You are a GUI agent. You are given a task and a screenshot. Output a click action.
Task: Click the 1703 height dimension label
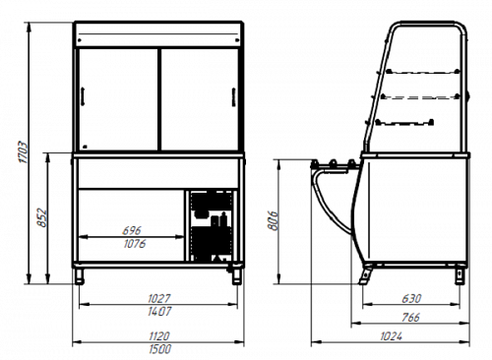(x=24, y=152)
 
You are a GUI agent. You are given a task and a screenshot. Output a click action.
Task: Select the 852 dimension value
(x=42, y=217)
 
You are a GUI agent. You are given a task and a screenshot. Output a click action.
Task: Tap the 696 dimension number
(x=132, y=230)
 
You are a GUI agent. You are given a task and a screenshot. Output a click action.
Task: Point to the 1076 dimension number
(x=135, y=244)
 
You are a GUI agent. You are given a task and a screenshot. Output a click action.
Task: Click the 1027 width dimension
(x=159, y=299)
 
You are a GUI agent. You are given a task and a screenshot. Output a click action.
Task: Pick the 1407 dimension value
(x=159, y=311)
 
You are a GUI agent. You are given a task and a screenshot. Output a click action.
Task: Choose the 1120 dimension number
(x=159, y=336)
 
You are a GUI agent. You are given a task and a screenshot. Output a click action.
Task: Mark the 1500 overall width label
(x=159, y=349)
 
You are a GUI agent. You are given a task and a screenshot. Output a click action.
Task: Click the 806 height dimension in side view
(x=273, y=221)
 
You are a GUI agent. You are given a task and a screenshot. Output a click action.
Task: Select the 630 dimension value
(x=411, y=299)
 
